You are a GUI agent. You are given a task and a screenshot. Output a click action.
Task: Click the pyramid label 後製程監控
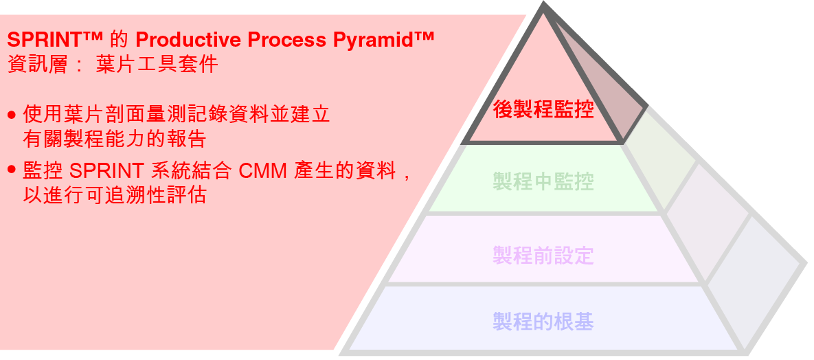click(543, 109)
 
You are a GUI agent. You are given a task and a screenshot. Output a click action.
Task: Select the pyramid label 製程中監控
click(543, 182)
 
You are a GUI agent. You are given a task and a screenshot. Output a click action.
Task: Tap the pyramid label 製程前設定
click(543, 256)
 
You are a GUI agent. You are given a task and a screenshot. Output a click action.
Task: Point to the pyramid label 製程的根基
click(543, 321)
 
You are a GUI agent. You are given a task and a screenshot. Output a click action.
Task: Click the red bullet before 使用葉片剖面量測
click(12, 115)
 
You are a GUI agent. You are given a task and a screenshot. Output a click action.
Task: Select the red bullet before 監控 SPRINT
click(12, 169)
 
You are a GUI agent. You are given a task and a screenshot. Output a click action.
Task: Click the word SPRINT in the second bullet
click(106, 170)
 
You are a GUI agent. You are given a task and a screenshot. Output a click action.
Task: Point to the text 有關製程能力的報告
click(114, 139)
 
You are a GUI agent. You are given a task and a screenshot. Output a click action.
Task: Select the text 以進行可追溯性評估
click(114, 194)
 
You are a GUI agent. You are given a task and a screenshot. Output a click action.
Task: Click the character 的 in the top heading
click(118, 40)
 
